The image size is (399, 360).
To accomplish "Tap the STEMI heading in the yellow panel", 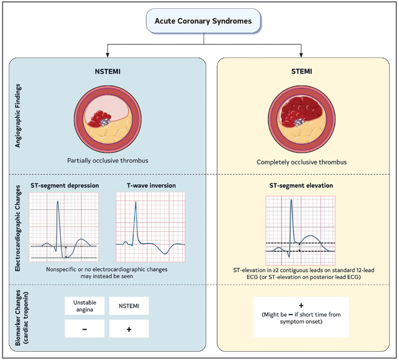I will coord(300,74).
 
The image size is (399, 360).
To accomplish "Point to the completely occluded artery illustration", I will coord(300,119).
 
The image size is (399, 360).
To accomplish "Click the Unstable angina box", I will coord(85,306).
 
